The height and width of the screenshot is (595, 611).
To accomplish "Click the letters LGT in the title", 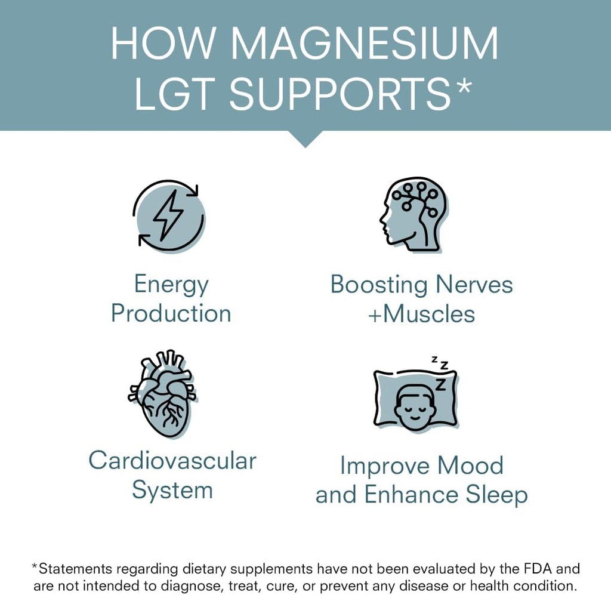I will [175, 94].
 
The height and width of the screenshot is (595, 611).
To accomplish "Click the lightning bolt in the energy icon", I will [169, 215].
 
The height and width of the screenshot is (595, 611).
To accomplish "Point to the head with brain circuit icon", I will [412, 215].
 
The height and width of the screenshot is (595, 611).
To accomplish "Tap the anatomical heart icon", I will [162, 394].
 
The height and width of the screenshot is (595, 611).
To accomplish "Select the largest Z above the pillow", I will [440, 385].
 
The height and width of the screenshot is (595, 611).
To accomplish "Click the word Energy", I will [171, 284].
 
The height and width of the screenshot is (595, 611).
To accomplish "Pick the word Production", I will [171, 313].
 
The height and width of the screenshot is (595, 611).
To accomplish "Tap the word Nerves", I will [474, 284].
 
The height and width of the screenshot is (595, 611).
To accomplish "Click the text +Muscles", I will [421, 314].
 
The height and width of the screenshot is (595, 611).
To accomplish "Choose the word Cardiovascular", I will [172, 461].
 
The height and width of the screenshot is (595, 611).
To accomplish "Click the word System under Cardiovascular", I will [172, 490].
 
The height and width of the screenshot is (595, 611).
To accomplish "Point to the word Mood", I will [469, 465].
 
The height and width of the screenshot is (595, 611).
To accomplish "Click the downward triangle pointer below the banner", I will [305, 138].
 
